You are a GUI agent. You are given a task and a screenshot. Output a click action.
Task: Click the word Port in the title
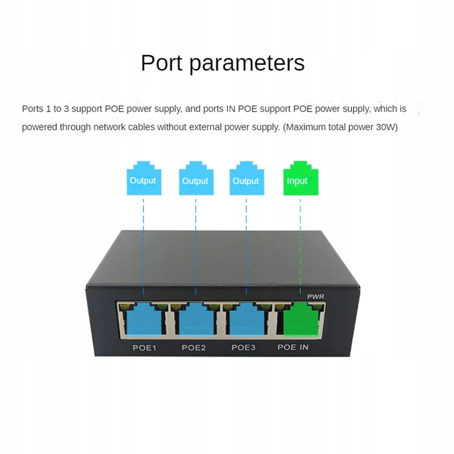162,62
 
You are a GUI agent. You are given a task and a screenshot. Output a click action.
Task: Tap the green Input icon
301,178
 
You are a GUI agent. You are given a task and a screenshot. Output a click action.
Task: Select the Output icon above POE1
144,178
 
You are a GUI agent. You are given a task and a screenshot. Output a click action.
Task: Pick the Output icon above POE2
196,178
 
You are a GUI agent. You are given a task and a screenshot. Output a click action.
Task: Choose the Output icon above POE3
247,178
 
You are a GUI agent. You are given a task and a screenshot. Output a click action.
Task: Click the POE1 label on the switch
144,347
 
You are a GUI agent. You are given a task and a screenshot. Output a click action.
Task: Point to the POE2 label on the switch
194,347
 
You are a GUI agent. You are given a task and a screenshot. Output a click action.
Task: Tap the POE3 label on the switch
243,347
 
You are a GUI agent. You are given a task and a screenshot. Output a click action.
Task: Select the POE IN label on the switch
293,347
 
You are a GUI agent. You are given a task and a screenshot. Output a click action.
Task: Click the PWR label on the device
316,296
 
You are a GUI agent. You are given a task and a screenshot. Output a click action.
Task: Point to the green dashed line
300,246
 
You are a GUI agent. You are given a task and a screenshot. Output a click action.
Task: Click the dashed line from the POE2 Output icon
196,246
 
